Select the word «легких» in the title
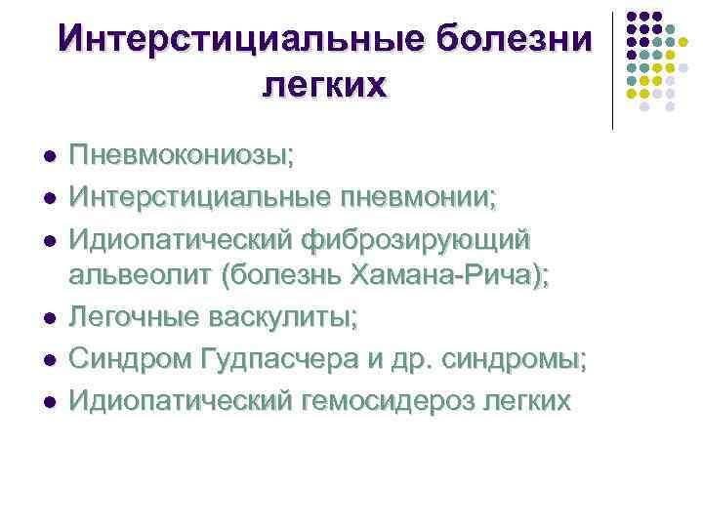click(x=325, y=85)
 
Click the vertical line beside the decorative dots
click(x=612, y=68)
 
